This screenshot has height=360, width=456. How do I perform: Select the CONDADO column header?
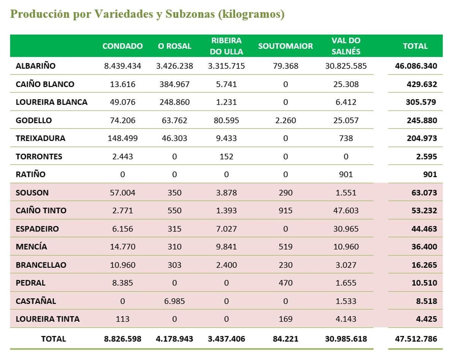(x=122, y=46)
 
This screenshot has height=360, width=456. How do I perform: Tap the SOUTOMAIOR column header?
(x=285, y=46)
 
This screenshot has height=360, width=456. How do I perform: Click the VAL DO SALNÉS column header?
(x=346, y=46)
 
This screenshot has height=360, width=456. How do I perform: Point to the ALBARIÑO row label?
(x=35, y=66)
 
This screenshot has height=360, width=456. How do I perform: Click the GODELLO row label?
(x=33, y=120)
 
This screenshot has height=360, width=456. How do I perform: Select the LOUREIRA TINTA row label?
(x=47, y=319)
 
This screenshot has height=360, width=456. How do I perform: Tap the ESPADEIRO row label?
(x=37, y=229)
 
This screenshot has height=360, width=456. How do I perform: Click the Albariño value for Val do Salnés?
(x=346, y=66)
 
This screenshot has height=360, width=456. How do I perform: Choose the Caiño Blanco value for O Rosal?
(x=174, y=84)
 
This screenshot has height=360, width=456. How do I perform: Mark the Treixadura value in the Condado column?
(x=122, y=138)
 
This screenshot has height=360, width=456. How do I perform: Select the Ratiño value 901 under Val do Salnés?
(x=346, y=174)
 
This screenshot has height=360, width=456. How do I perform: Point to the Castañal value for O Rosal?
(x=174, y=301)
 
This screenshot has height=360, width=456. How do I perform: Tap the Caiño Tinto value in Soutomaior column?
(x=285, y=211)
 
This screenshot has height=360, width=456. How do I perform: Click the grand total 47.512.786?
(x=416, y=338)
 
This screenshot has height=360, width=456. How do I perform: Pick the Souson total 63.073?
(x=424, y=193)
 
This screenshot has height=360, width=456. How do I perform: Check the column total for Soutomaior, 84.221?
(x=285, y=338)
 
